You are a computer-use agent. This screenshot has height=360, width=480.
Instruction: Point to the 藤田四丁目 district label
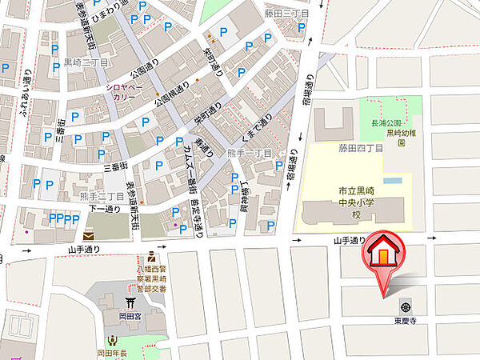pyautogui.click(x=361, y=148)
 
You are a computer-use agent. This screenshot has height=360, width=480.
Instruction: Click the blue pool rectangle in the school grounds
pyautogui.click(x=391, y=181)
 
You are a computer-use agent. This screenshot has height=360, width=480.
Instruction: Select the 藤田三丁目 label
pyautogui.click(x=286, y=14)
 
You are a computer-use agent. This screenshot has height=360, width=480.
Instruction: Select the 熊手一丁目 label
pyautogui.click(x=251, y=153)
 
